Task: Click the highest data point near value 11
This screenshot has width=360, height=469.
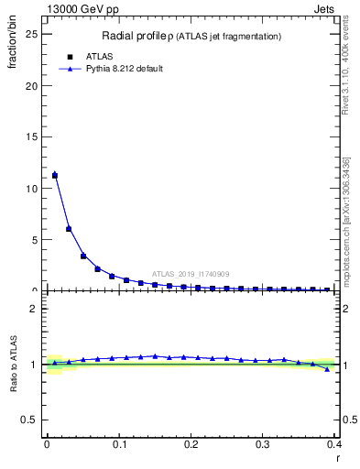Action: coord(54,175)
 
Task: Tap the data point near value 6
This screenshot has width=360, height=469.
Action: coord(69,229)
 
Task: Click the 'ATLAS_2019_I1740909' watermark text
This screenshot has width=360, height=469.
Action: coord(190,273)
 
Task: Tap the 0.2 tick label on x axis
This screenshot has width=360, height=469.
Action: coord(191,444)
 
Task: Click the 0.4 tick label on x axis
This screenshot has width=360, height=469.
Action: coord(334,444)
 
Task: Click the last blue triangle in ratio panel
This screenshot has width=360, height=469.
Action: coord(327,369)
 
